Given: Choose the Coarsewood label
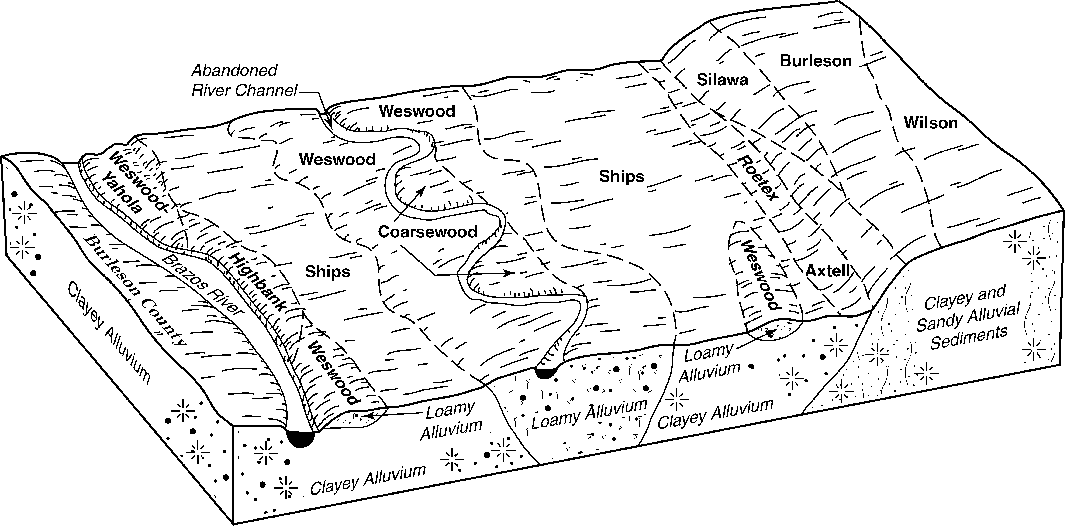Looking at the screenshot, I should click(x=427, y=232).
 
